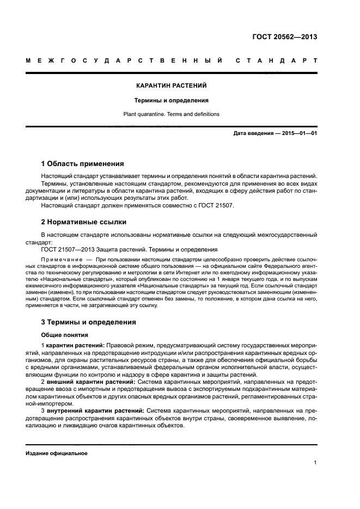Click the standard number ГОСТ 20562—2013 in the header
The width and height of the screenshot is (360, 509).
(285, 37)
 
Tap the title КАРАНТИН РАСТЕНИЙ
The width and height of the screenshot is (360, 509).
(172, 86)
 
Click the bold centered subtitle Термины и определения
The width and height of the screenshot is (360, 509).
(172, 100)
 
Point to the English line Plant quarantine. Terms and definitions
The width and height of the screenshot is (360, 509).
(172, 114)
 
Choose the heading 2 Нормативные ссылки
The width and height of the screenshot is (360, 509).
(84, 222)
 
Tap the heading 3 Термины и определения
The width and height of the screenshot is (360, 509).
(89, 322)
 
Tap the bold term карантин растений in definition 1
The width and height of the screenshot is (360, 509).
(75, 346)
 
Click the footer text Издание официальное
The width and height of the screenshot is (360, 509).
(57, 453)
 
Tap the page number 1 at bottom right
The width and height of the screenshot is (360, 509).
(315, 463)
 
